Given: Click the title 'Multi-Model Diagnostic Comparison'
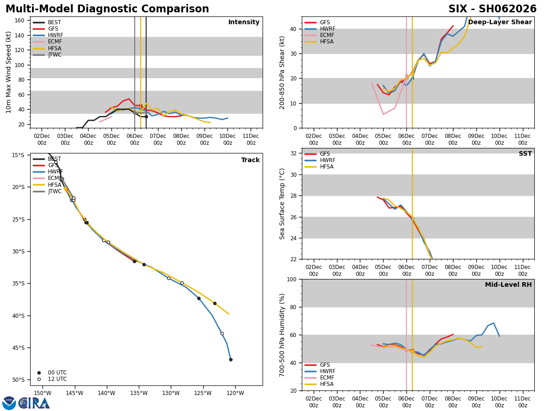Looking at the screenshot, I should (x=107, y=9).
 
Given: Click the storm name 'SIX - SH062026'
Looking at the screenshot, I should (x=492, y=9).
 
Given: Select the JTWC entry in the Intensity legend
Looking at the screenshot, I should (x=54, y=55).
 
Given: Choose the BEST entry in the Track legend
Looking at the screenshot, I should (x=54, y=159).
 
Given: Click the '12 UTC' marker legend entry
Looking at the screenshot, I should (x=57, y=379).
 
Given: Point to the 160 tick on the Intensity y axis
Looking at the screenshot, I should (x=19, y=21).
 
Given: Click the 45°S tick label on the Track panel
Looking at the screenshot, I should (x=18, y=348).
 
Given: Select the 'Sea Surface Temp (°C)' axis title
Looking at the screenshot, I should (x=282, y=204).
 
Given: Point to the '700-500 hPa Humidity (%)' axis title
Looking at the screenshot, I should (x=282, y=335).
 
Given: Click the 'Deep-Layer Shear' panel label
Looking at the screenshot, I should (x=500, y=22).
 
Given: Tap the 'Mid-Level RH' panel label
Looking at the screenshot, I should (x=508, y=285).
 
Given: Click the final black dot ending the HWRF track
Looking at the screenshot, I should (x=231, y=359).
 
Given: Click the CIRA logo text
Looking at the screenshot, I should (x=34, y=403).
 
